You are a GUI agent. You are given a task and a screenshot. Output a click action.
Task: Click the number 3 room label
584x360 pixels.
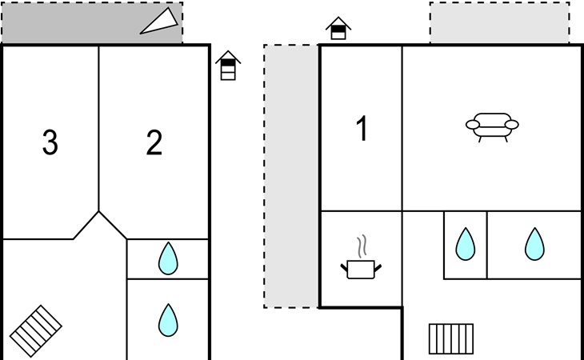click(50, 143)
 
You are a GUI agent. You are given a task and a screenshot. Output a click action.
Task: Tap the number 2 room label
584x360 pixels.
click(154, 143)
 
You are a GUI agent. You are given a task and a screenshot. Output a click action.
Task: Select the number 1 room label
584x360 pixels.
click(362, 129)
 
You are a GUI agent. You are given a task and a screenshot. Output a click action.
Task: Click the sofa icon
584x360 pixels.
click(492, 125)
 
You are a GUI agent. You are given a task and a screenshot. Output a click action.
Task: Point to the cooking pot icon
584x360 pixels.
click(361, 269)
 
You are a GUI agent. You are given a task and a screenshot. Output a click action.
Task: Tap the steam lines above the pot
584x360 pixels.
click(362, 244)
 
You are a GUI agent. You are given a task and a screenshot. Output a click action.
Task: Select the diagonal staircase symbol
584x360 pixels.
click(36, 328)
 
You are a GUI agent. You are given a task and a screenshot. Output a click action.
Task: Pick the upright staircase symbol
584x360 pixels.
click(451, 338)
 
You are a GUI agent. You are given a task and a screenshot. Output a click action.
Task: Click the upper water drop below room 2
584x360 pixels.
click(167, 258)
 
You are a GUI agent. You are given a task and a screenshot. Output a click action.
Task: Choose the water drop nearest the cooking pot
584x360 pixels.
click(465, 244)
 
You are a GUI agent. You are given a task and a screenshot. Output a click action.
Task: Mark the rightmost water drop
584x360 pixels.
click(534, 244)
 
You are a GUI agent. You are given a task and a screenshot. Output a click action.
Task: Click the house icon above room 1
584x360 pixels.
click(338, 29)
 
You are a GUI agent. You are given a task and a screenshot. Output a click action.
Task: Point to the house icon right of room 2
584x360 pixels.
click(229, 66)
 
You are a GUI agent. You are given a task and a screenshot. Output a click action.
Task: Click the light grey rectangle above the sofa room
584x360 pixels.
click(499, 22)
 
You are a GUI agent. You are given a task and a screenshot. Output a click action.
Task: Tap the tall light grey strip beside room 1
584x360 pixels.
click(291, 176)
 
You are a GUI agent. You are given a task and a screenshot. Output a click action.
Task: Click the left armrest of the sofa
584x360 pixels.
click(471, 124)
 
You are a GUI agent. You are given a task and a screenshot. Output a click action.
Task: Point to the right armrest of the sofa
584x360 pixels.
click(513, 124)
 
